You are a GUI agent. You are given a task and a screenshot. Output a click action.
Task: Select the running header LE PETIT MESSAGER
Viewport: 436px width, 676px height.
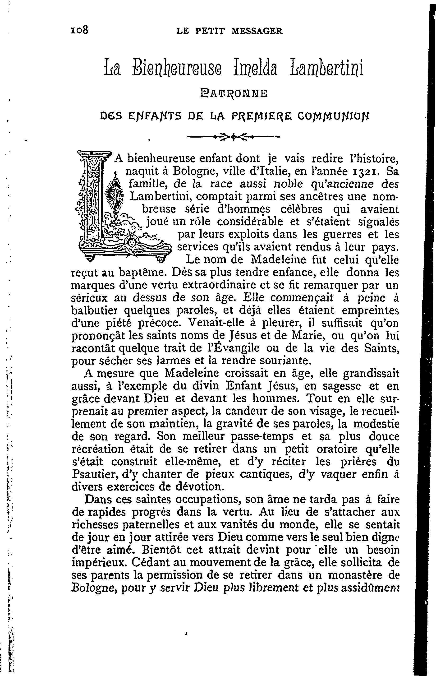coord(229,31)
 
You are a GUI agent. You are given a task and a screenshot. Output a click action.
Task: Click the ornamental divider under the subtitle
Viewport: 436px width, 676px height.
coord(233,138)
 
